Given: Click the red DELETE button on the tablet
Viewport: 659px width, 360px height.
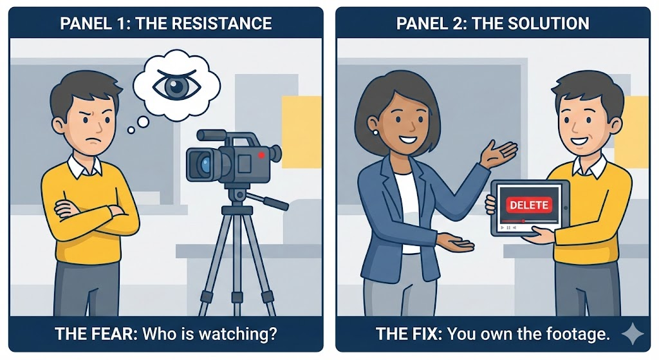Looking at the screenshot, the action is [529, 205].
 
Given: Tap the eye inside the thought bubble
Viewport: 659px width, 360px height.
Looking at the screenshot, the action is [176, 85].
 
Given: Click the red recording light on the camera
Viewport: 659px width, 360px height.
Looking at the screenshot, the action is [261, 155].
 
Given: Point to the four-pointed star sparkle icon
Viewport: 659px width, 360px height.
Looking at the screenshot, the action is [632, 334].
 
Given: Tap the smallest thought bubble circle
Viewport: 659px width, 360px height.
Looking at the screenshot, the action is [131, 130].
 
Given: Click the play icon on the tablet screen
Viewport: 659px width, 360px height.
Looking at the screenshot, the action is [502, 227].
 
